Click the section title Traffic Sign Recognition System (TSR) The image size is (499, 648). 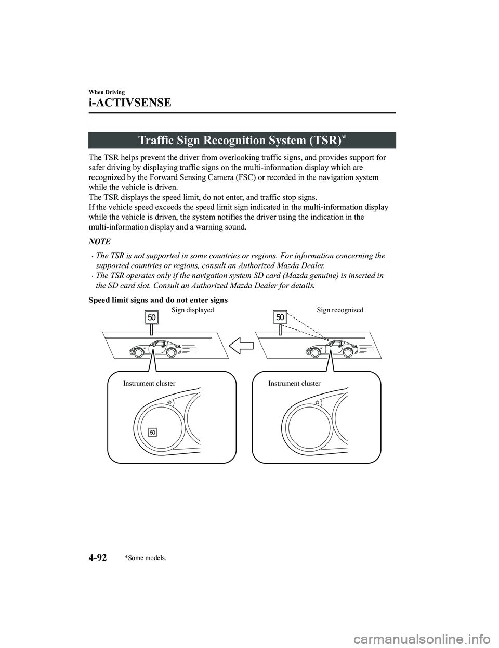click(242, 141)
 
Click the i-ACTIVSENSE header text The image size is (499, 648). click(129, 102)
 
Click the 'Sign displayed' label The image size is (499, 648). click(192, 310)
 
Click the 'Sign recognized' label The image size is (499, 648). click(340, 310)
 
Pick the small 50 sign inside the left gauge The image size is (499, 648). click(152, 433)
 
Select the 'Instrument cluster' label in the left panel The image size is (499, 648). click(149, 383)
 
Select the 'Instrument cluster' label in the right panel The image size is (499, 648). click(294, 383)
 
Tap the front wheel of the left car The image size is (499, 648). click(138, 352)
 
